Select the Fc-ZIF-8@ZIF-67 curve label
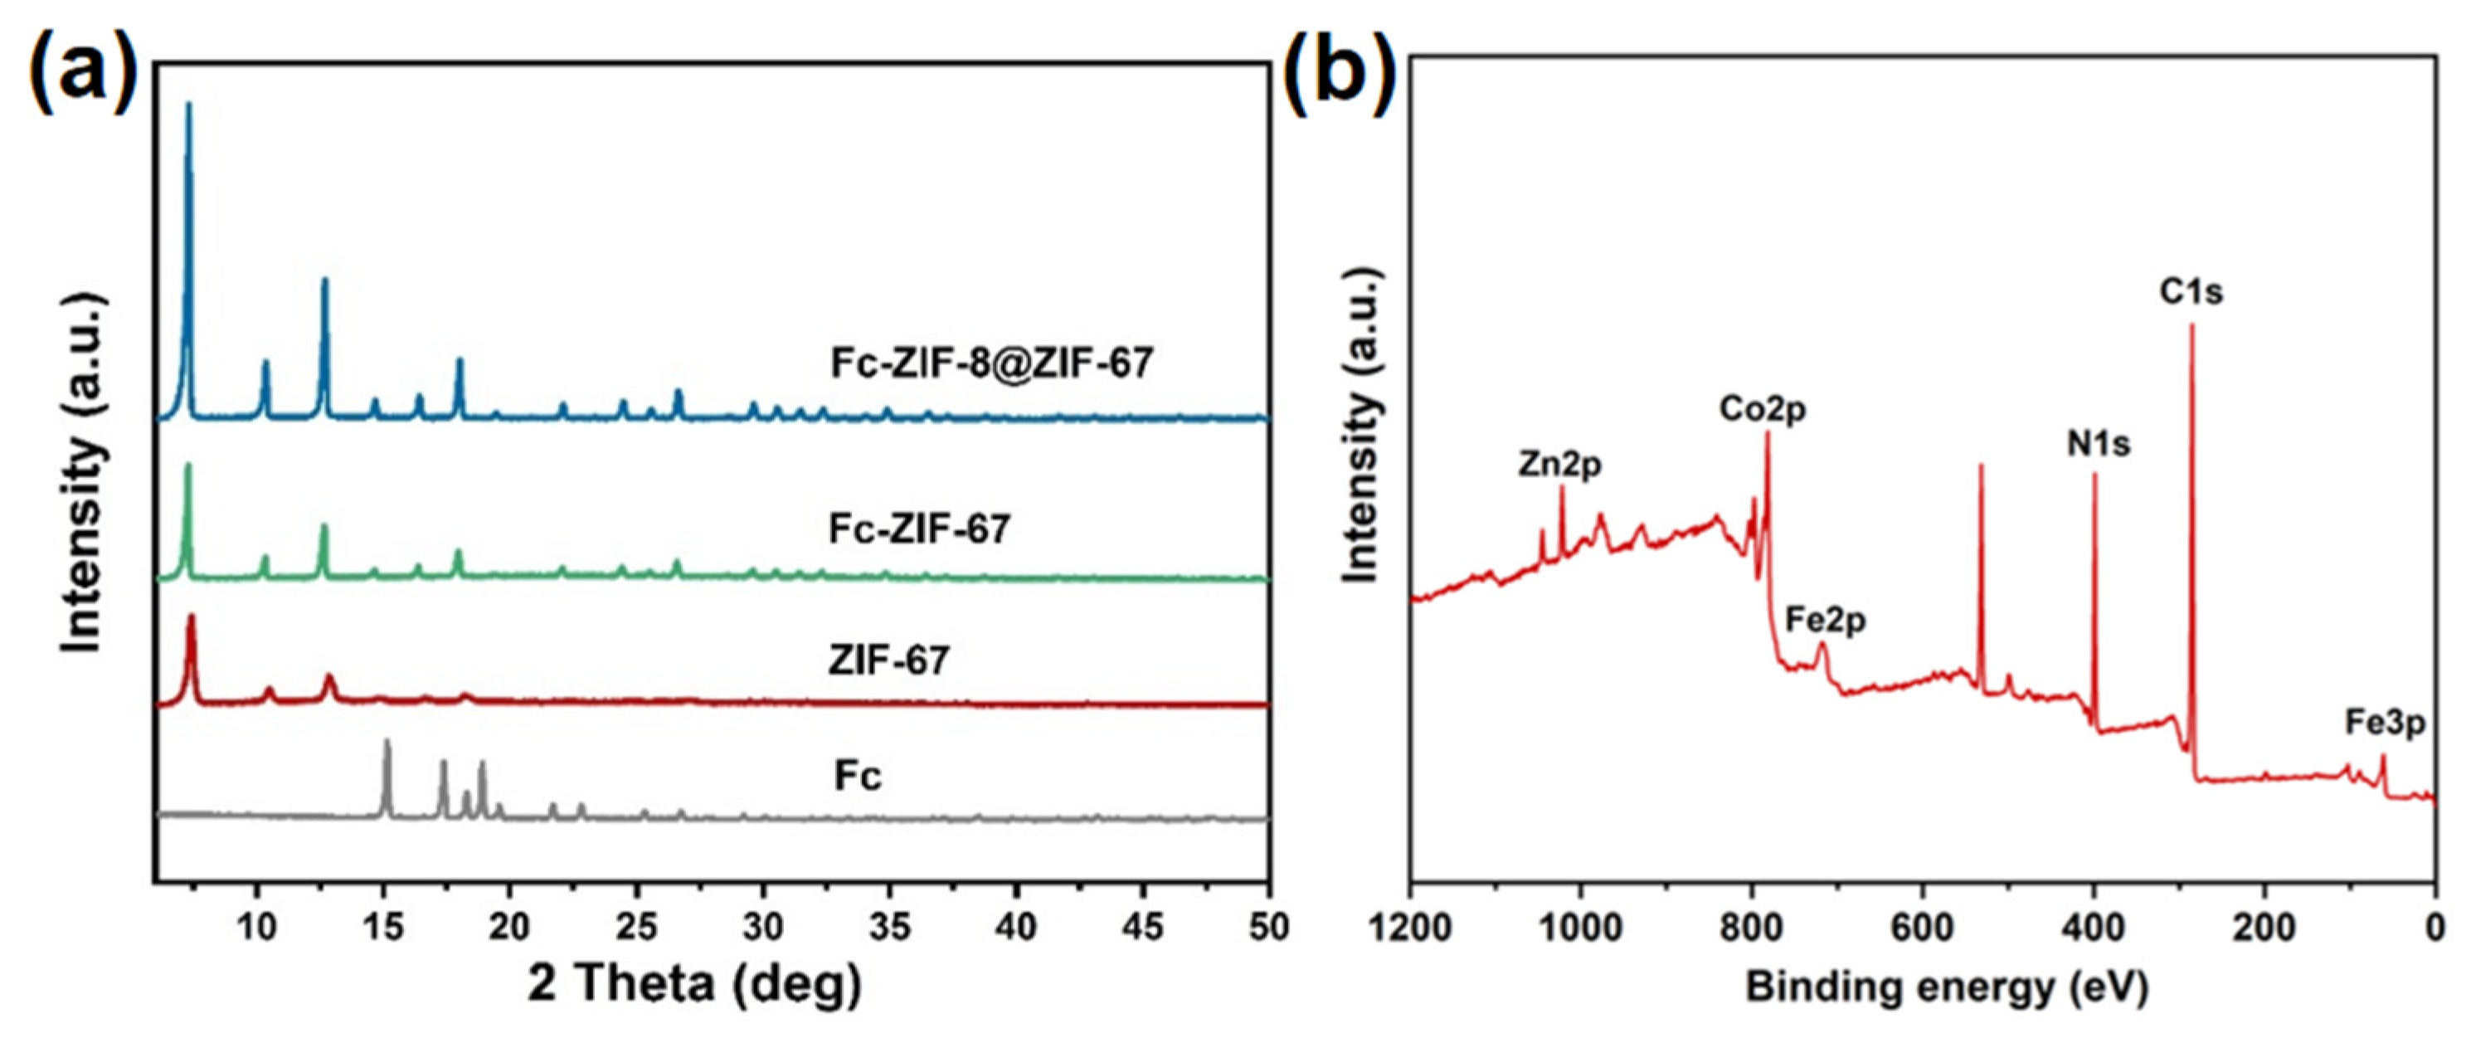click(992, 363)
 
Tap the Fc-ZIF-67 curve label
click(919, 529)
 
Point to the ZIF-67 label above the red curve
click(889, 660)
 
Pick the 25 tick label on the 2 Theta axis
click(636, 927)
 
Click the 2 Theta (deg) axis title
click(694, 984)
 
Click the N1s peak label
click(2098, 444)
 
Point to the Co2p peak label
click(1762, 410)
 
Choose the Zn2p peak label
click(1559, 465)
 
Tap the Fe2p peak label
click(1826, 620)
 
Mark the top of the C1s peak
click(2191, 327)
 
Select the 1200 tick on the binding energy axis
click(1410, 927)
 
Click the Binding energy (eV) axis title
click(1948, 987)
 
